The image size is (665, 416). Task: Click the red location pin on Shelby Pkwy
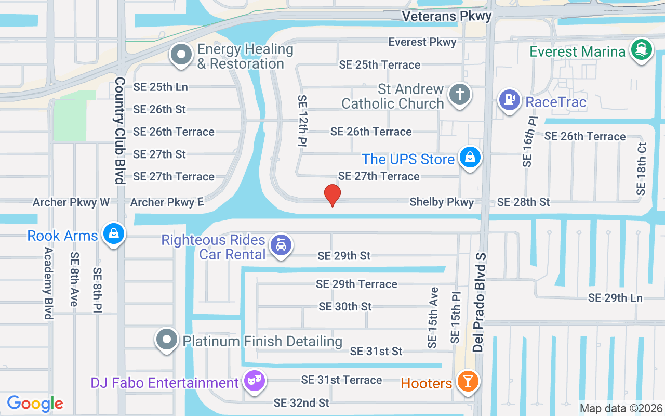tap(332, 196)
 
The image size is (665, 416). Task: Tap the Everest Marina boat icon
tap(642, 50)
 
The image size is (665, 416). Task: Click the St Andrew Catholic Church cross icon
tap(460, 95)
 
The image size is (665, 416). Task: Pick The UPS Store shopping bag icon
tap(470, 158)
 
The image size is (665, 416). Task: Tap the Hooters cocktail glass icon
tap(468, 382)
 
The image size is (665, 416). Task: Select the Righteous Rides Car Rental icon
tap(281, 245)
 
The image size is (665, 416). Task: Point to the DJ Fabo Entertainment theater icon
tap(254, 382)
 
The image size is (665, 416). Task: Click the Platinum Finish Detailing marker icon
tap(167, 340)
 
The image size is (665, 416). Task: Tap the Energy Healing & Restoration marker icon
tap(181, 54)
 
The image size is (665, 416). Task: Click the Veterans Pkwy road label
tap(447, 16)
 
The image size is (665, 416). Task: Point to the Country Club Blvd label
tap(120, 131)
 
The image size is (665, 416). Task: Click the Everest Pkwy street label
tap(422, 42)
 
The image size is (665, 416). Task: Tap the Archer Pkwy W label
tap(71, 202)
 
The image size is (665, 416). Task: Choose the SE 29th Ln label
tap(615, 298)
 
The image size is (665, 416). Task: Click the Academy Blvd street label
tap(48, 283)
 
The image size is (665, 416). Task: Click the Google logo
tap(35, 404)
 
